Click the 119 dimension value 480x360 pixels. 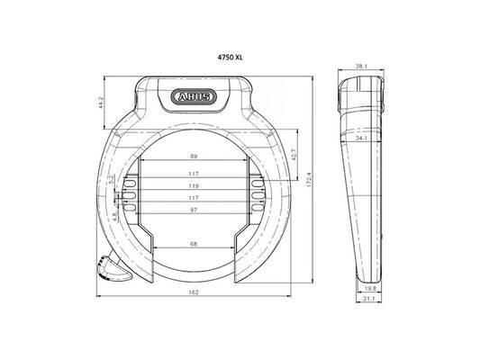194,186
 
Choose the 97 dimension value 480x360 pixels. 194,210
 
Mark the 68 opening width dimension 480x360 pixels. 194,243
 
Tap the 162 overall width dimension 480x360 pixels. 194,293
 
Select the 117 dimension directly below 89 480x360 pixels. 194,174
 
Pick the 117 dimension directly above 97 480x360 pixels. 194,198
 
